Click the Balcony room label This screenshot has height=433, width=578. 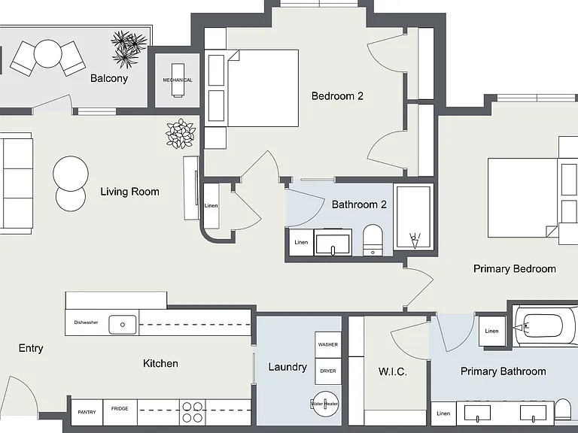(x=109, y=78)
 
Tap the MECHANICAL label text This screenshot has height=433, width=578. (x=178, y=80)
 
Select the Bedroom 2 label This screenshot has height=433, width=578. (x=337, y=96)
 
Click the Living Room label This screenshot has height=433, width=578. (x=129, y=192)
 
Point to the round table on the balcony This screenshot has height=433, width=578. (x=47, y=54)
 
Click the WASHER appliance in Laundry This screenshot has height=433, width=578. (x=328, y=344)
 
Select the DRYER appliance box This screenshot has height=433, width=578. (x=328, y=371)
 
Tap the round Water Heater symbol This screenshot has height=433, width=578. (x=325, y=404)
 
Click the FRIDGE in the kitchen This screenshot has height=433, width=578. (x=120, y=412)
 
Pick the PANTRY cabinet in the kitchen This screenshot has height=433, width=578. (x=87, y=412)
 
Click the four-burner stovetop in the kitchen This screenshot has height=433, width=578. (x=193, y=412)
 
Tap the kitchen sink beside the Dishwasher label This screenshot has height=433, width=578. (x=123, y=325)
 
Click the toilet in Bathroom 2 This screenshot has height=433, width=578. (x=373, y=240)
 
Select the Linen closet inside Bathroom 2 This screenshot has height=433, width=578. (x=301, y=242)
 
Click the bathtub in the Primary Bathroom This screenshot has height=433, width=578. (x=545, y=326)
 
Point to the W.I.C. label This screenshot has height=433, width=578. (x=393, y=371)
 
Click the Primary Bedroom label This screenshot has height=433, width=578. (x=515, y=269)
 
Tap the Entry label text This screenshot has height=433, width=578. (x=31, y=348)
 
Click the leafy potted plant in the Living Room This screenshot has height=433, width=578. (x=181, y=133)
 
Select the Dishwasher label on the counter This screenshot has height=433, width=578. (x=86, y=322)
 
